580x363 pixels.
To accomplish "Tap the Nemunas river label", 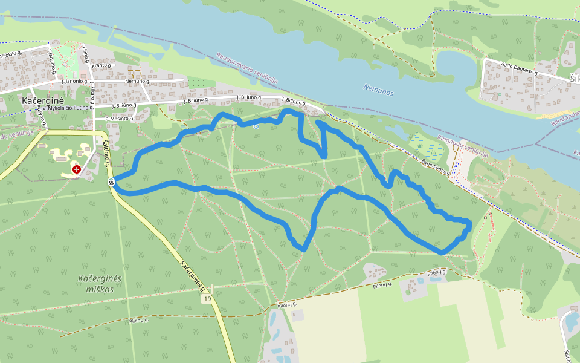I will coord(379,90).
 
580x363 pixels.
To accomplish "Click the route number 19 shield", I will coord(207,299).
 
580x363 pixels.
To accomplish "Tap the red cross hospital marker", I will coord(77,169).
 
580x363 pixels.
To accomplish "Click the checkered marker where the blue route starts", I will coord(112,181).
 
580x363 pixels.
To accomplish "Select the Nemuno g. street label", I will coord(137,80).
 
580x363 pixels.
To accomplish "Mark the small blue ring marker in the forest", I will coord(256,126).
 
